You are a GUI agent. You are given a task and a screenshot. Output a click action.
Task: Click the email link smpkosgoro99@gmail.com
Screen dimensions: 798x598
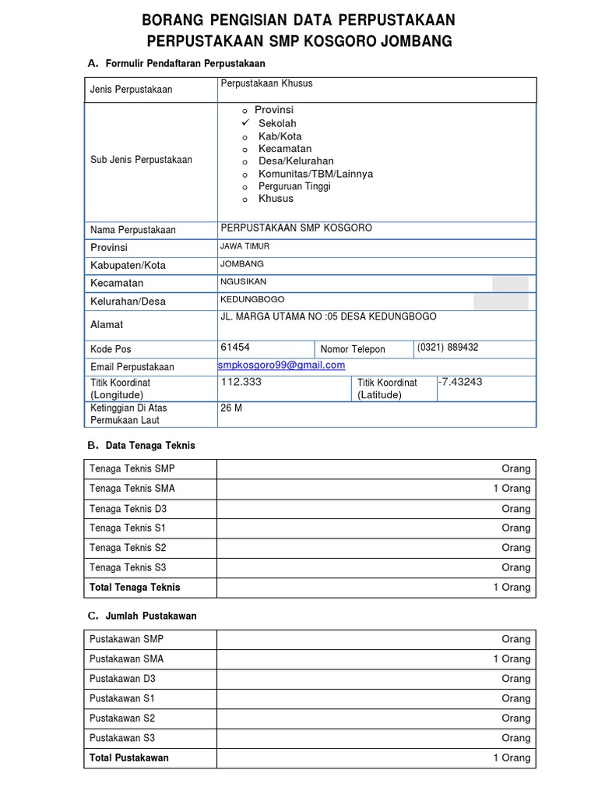click(x=282, y=365)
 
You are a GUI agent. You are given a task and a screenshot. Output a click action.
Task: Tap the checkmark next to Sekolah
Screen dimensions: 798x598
click(x=244, y=123)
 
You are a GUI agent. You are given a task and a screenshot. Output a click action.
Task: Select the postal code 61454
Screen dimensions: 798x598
click(x=235, y=348)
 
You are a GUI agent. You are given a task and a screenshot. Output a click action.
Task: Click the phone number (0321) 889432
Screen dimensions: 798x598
click(x=448, y=348)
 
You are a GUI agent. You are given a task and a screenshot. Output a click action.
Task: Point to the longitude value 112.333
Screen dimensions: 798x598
click(x=241, y=382)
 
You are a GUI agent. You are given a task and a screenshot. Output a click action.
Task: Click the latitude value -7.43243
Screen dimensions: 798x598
click(x=460, y=382)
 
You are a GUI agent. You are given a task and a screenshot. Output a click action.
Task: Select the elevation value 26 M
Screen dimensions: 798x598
click(x=231, y=408)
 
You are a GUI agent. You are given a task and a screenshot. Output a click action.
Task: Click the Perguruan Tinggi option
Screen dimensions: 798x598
click(x=294, y=186)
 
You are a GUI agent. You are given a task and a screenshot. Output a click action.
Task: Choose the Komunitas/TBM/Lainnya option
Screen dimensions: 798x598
click(x=315, y=174)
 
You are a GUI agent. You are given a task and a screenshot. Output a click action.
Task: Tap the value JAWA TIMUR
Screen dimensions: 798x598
click(x=245, y=246)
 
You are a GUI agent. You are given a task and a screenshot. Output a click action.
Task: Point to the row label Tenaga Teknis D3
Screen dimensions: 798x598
click(x=128, y=508)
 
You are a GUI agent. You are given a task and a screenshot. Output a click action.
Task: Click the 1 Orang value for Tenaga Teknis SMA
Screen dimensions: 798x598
click(x=512, y=489)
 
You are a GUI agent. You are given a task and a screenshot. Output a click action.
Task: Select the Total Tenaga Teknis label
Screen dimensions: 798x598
click(x=135, y=587)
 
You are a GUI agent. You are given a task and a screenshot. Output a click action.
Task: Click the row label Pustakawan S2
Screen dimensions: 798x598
click(x=122, y=718)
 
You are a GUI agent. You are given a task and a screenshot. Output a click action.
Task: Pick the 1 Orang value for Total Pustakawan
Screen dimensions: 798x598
click(x=512, y=757)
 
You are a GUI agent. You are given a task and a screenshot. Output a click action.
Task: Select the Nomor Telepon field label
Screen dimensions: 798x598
click(x=353, y=349)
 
